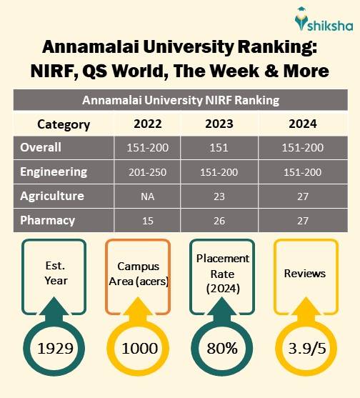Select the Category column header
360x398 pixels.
click(x=64, y=124)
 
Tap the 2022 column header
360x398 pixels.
click(x=148, y=124)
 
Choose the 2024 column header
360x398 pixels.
click(x=302, y=124)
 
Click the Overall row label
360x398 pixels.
click(x=41, y=148)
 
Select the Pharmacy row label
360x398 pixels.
click(x=46, y=220)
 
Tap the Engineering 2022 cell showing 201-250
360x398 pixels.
click(x=148, y=172)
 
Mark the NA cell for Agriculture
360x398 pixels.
click(x=148, y=196)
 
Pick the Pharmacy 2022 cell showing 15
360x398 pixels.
click(x=148, y=220)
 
